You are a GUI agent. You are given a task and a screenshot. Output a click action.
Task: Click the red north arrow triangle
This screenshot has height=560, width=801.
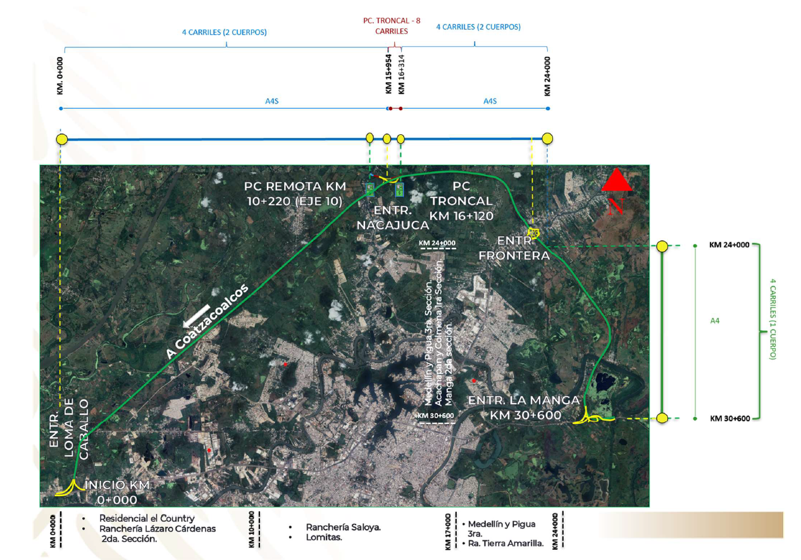point(617,180)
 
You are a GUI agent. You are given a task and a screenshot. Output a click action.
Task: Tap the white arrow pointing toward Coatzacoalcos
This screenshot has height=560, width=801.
point(196,316)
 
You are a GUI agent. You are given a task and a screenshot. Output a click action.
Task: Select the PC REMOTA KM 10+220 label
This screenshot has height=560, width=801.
point(295,194)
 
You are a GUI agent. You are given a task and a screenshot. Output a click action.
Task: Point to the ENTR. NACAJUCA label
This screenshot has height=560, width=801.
point(393,218)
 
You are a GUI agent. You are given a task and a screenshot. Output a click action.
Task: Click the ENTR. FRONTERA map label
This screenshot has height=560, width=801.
point(514,248)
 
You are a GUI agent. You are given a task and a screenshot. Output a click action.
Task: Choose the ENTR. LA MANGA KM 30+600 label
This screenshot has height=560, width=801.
point(524,408)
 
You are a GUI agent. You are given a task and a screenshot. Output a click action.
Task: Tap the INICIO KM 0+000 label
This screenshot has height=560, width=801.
point(117,492)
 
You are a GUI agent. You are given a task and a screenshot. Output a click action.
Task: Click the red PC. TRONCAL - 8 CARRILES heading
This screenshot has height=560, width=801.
point(392,26)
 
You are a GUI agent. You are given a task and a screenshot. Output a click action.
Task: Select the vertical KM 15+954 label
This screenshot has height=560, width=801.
point(388,74)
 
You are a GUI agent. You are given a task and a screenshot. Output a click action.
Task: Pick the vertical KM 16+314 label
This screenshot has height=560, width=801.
point(401,75)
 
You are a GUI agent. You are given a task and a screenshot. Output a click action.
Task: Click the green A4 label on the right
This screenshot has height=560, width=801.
point(714,321)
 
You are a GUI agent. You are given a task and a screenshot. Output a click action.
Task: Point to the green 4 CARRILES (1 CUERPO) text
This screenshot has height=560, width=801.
point(773,319)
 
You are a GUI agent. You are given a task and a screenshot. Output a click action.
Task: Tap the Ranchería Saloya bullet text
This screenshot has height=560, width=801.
point(344,527)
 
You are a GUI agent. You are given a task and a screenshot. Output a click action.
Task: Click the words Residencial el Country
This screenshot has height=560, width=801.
point(147,518)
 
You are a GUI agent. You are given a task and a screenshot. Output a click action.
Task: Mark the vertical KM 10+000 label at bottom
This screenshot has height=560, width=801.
point(251,529)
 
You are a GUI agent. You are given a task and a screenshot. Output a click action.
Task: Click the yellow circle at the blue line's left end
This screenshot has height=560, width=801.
point(62,139)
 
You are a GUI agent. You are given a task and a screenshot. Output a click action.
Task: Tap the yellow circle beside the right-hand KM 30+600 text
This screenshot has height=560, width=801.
point(662,418)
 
